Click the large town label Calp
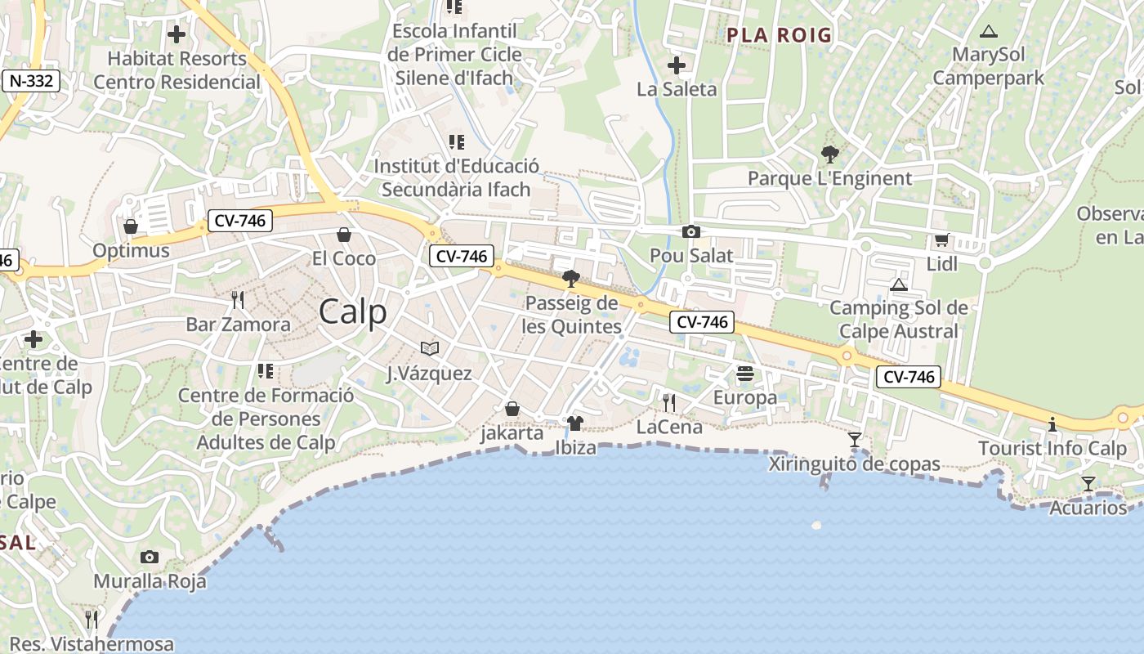pyautogui.click(x=353, y=312)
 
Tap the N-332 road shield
pyautogui.click(x=30, y=81)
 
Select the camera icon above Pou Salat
pyautogui.click(x=691, y=232)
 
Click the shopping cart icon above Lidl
pyautogui.click(x=942, y=240)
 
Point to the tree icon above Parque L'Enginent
pyautogui.click(x=829, y=154)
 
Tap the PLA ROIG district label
pyautogui.click(x=779, y=35)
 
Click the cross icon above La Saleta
pyautogui.click(x=677, y=65)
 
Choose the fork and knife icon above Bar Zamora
pyautogui.click(x=238, y=300)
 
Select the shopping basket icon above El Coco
pyautogui.click(x=344, y=235)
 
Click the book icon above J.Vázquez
pyautogui.click(x=430, y=349)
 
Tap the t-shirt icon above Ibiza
pyautogui.click(x=575, y=423)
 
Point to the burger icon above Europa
pyautogui.click(x=745, y=374)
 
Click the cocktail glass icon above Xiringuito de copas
pyautogui.click(x=855, y=440)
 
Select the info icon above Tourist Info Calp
pyautogui.click(x=1052, y=424)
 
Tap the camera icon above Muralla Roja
pyautogui.click(x=150, y=558)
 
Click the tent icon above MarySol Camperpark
pyautogui.click(x=989, y=32)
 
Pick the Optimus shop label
pyautogui.click(x=131, y=250)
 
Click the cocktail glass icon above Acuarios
pyautogui.click(x=1088, y=484)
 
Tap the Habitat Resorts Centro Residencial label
pyautogui.click(x=177, y=70)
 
